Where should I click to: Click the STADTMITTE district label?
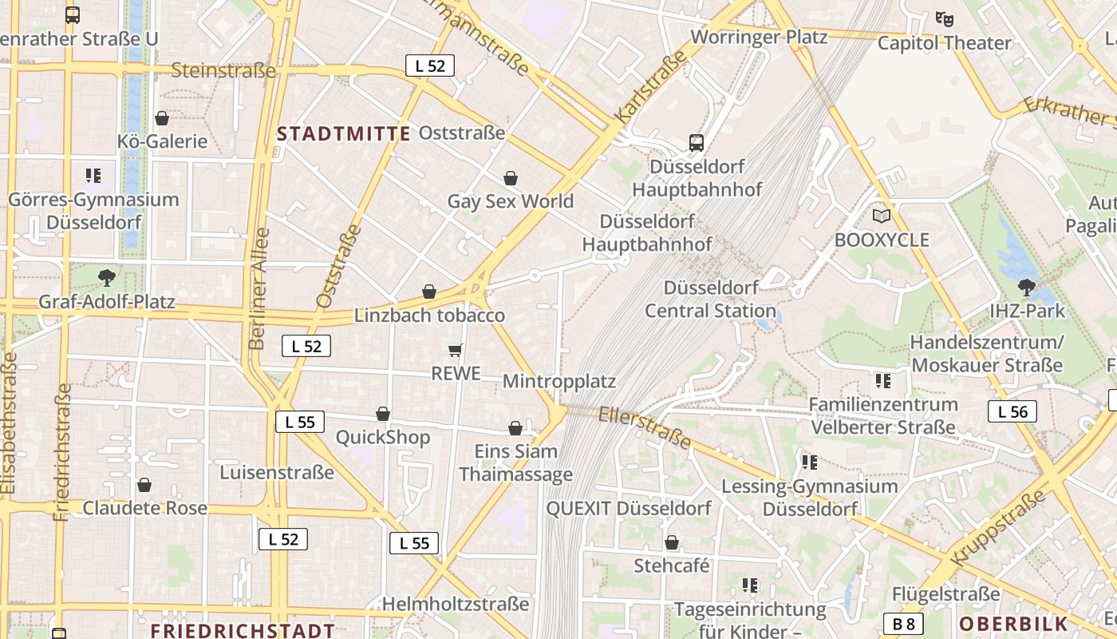click(344, 133)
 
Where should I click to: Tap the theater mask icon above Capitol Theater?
click(945, 18)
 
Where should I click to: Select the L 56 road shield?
click(1012, 411)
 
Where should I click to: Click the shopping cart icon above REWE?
click(456, 350)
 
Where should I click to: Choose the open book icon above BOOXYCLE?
click(882, 216)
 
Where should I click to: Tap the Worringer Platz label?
click(759, 36)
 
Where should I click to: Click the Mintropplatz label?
click(559, 381)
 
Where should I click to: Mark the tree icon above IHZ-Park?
click(1027, 286)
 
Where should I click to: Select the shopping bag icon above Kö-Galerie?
click(162, 118)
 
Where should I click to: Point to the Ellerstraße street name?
click(645, 427)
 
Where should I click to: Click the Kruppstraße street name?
click(998, 527)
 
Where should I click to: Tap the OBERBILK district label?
click(1013, 624)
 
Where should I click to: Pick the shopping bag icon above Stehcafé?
click(672, 543)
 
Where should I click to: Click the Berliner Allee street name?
click(259, 288)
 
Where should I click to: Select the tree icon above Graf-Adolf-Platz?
click(106, 278)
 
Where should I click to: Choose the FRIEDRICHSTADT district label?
click(243, 630)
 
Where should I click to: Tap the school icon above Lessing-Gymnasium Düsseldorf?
click(810, 462)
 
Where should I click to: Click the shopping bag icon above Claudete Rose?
click(144, 485)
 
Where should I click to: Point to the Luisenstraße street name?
click(277, 472)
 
